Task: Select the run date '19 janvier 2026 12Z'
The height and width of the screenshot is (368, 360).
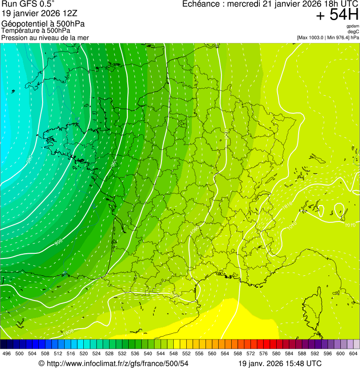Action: point(35,14)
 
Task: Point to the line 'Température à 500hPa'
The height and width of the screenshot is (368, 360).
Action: point(36,31)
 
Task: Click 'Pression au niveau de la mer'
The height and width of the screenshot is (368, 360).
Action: point(45,38)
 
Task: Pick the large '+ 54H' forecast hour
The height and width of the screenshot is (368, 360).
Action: point(337,15)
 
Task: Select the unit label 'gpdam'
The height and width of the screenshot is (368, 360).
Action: point(353,26)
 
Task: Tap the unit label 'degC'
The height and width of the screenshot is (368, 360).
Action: point(353,32)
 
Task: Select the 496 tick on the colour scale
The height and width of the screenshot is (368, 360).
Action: point(7,353)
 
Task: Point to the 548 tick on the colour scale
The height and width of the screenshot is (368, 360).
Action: point(174,353)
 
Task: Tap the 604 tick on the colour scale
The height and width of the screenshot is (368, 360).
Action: point(353,353)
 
